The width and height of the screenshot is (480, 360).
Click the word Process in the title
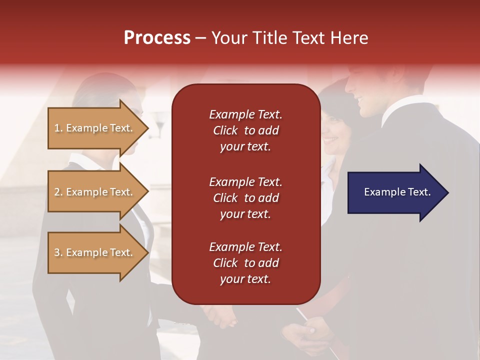157,37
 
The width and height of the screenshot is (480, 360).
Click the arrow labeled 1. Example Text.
98,128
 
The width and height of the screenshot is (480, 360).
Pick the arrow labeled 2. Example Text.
98,192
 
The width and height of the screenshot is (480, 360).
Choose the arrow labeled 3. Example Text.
98,252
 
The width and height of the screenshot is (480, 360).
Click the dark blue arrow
398,192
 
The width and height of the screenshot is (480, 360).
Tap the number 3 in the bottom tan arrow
57,252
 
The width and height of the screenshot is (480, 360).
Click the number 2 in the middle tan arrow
57,192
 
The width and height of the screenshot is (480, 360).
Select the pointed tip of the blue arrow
449,192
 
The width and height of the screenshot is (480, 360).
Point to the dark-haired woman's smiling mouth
330,140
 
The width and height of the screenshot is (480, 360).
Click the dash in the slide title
200,38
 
